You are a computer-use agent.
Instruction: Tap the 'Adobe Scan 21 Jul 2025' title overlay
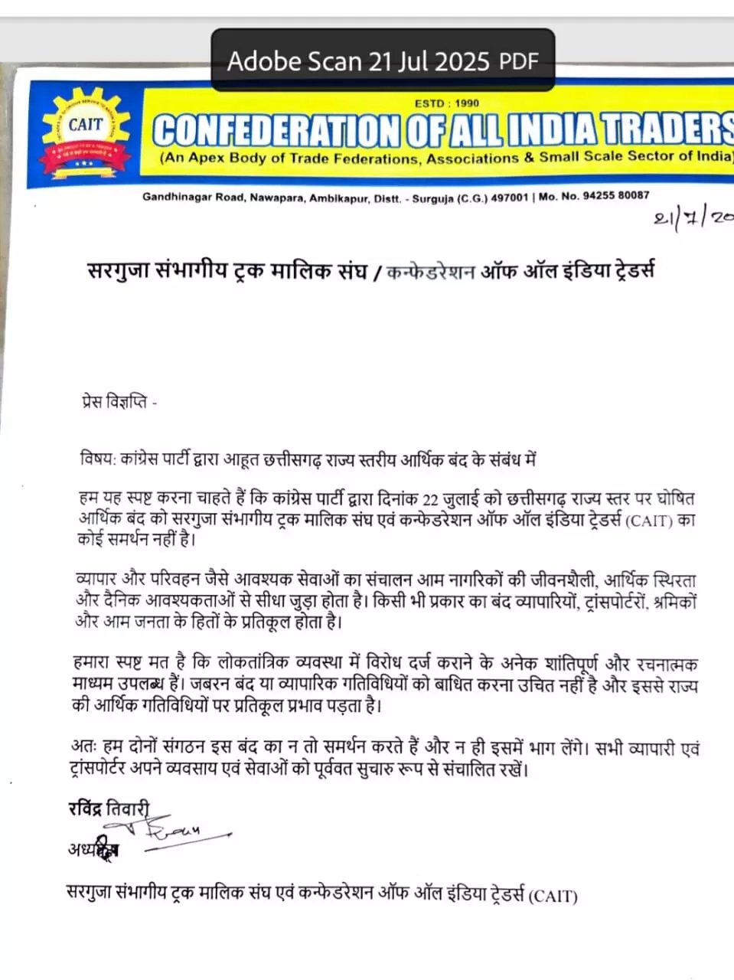[360, 60]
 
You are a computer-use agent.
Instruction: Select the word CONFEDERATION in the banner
[276, 130]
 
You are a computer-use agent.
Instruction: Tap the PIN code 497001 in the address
[510, 198]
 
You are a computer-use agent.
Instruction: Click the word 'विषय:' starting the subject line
[97, 459]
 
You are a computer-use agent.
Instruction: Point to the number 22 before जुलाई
[431, 500]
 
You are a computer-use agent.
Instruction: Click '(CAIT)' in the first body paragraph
[649, 521]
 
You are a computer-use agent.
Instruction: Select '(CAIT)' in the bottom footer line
[553, 895]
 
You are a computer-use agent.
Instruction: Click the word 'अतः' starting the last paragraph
[83, 746]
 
